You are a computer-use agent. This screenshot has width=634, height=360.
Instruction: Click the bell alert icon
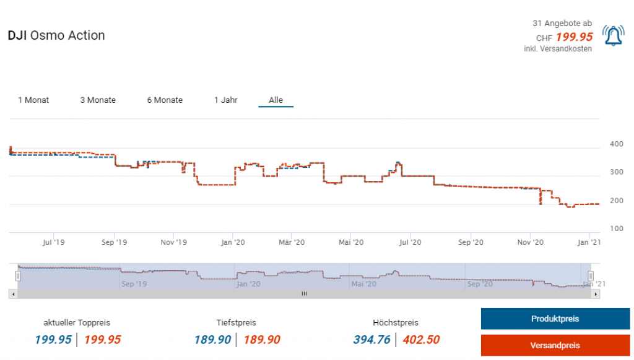point(613,36)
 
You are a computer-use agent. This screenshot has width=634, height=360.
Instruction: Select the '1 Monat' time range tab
point(33,100)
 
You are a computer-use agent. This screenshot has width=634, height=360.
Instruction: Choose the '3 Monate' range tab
point(98,100)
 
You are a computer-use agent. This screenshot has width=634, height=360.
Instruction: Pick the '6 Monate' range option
point(165,100)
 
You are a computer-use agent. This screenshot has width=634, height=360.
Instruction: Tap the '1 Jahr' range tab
point(225,100)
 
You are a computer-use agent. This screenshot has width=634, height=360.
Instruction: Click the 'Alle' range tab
point(276,100)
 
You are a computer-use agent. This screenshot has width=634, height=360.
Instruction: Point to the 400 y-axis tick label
point(617,144)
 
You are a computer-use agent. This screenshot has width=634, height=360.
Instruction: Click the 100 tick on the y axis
point(617,229)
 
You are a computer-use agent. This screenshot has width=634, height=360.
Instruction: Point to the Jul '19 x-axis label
point(54,242)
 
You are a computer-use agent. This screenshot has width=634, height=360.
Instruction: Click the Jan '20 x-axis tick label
point(232,242)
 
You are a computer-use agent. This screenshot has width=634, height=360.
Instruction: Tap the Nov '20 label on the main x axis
point(529,242)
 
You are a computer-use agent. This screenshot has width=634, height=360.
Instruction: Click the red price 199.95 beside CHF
point(574,37)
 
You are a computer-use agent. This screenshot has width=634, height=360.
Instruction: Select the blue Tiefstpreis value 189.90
point(212,340)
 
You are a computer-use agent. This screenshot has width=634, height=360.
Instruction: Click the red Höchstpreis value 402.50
point(421,340)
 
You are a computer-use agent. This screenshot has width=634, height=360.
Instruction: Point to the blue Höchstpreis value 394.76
point(372,340)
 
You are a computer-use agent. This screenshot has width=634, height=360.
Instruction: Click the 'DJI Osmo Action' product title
point(56,35)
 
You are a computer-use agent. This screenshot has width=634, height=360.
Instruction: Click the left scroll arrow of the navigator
point(12,294)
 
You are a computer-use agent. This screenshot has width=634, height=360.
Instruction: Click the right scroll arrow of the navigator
point(596,294)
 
